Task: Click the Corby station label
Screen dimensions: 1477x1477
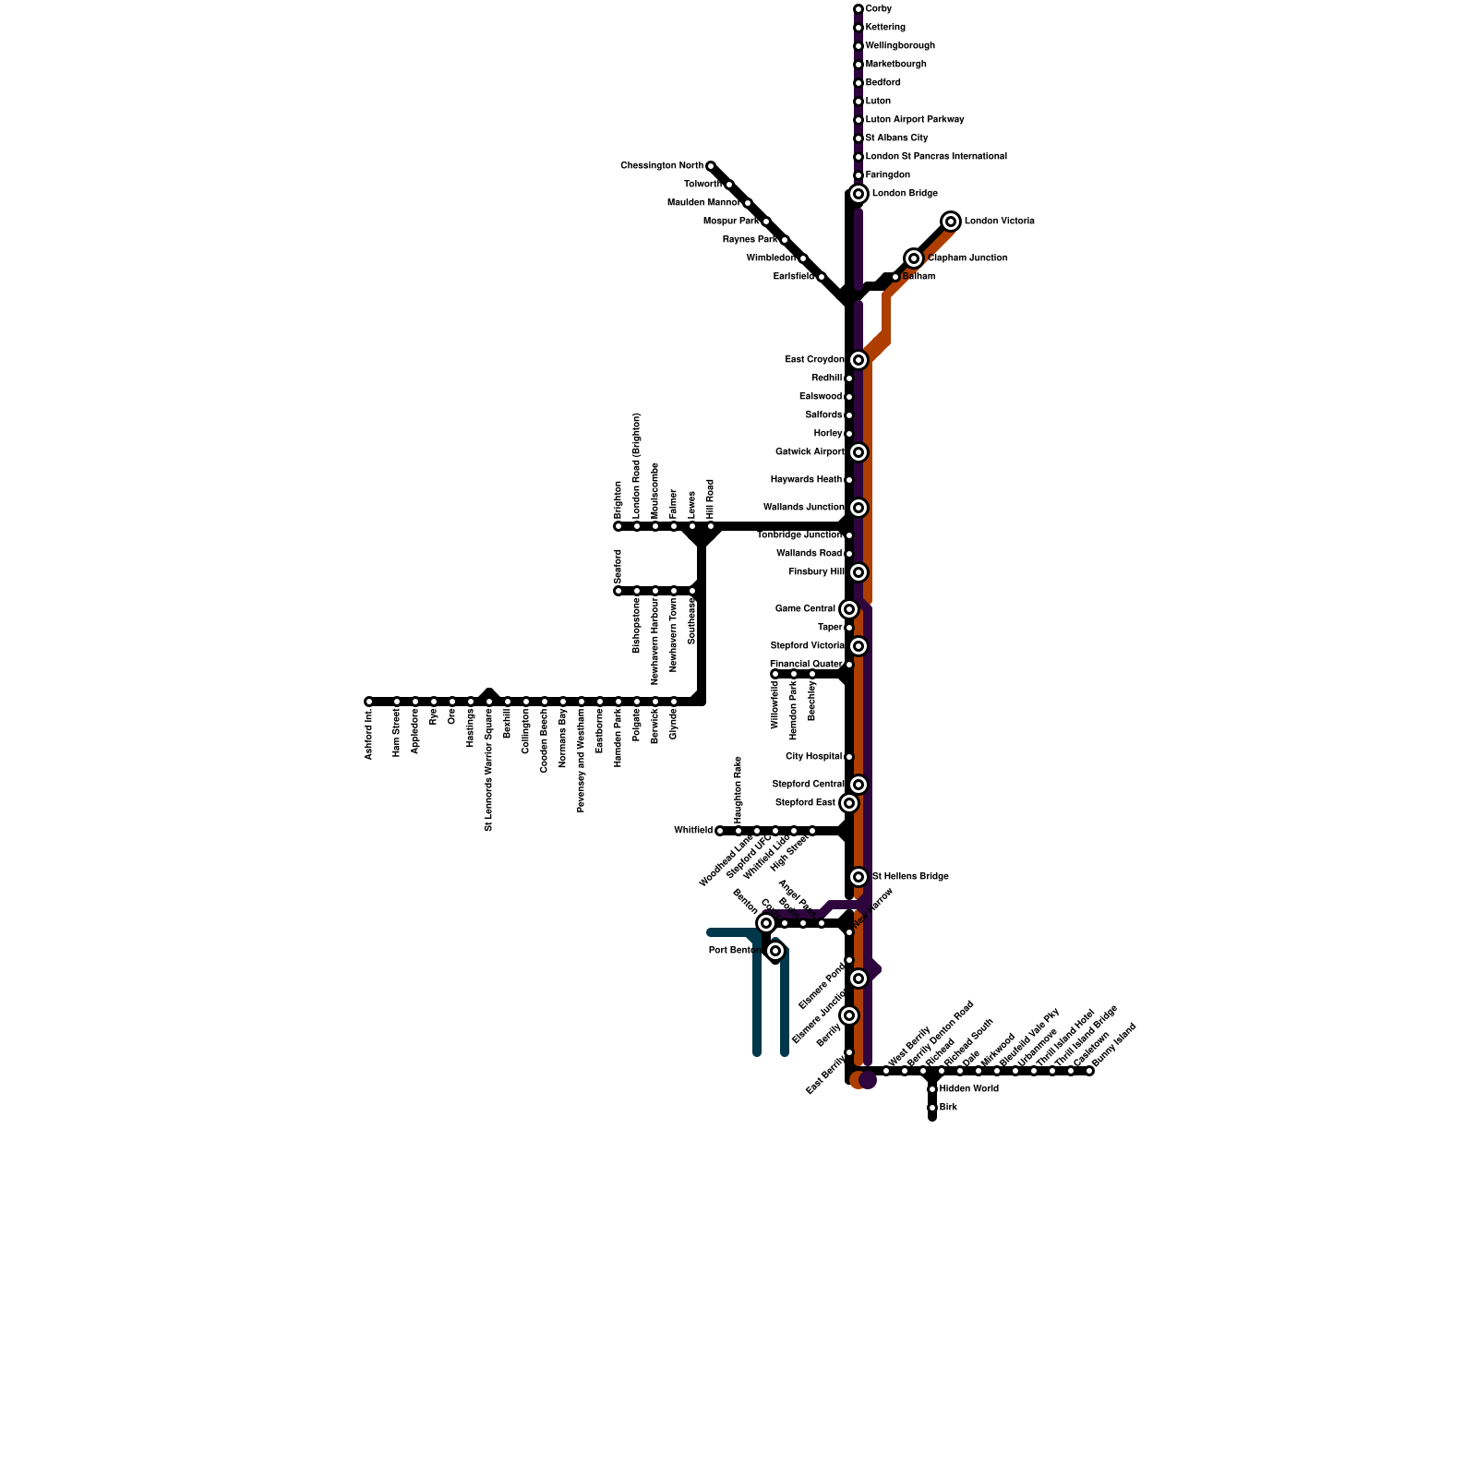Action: pyautogui.click(x=879, y=9)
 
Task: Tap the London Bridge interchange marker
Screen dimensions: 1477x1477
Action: pyautogui.click(x=859, y=194)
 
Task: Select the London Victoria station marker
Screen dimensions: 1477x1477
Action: pyautogui.click(x=951, y=222)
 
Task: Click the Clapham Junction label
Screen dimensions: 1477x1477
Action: pyautogui.click(x=967, y=258)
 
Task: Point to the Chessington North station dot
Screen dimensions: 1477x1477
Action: pyautogui.click(x=711, y=166)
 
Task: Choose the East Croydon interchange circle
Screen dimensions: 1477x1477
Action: pyautogui.click(x=859, y=360)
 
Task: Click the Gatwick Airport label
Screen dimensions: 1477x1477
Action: pyautogui.click(x=810, y=452)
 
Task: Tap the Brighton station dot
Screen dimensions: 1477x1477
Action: pyautogui.click(x=618, y=526)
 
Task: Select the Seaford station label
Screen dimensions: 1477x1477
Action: pyautogui.click(x=618, y=565)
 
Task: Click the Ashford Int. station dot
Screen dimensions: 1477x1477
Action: pyautogui.click(x=369, y=702)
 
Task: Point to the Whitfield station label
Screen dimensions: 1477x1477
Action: pyautogui.click(x=692, y=831)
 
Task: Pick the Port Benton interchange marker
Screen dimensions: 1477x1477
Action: pyautogui.click(x=775, y=951)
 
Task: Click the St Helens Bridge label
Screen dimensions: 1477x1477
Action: pyautogui.click(x=910, y=877)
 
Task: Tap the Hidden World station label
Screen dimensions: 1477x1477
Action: pyautogui.click(x=969, y=1089)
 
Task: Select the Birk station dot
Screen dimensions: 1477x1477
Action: pyautogui.click(x=932, y=1108)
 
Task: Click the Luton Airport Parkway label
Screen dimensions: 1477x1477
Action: pyautogui.click(x=915, y=120)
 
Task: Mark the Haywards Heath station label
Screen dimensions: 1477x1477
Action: pyautogui.click(x=806, y=480)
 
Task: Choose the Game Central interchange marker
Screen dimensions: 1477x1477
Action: pyautogui.click(x=849, y=609)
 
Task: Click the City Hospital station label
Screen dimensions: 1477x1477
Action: pyautogui.click(x=813, y=757)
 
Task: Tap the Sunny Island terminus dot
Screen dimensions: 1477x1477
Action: pyautogui.click(x=1089, y=1071)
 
